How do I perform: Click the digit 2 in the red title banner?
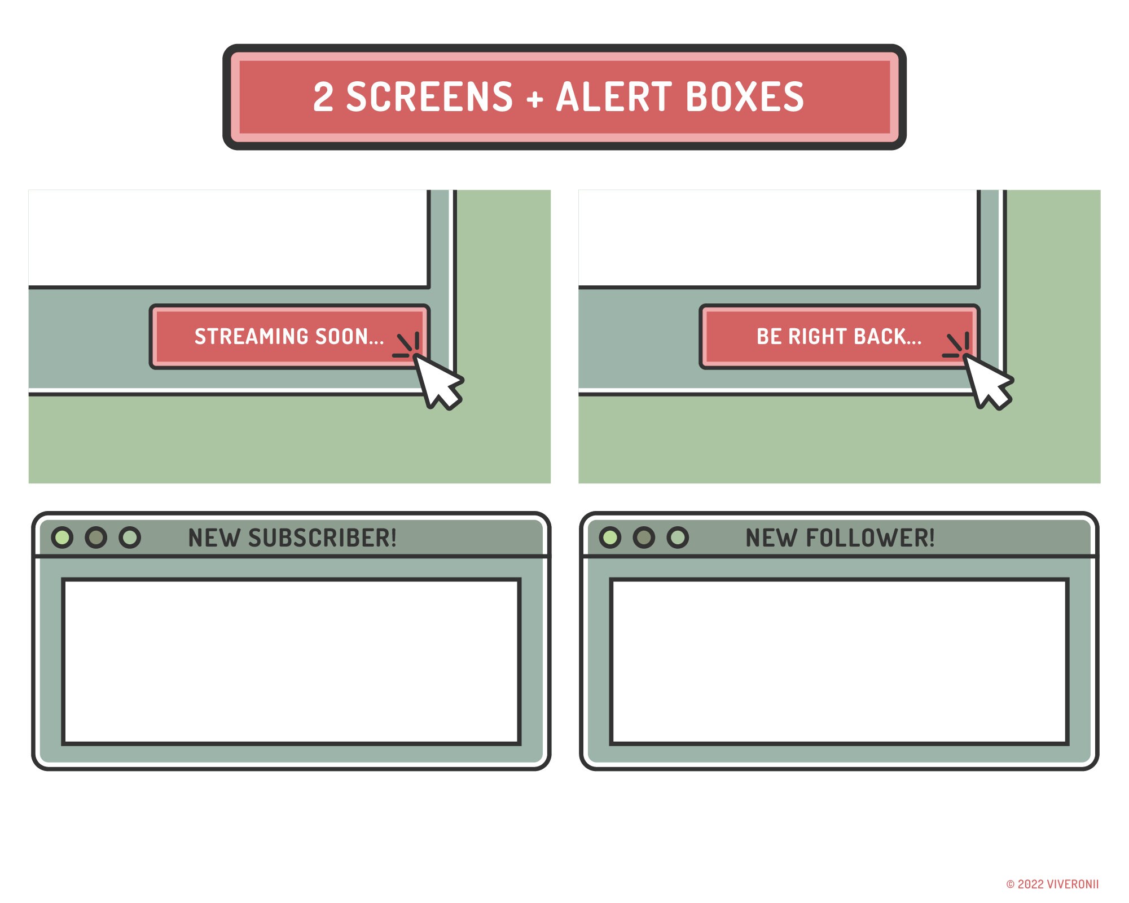pos(323,96)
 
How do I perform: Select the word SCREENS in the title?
pos(429,96)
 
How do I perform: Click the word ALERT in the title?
pos(614,96)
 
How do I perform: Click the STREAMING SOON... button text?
pos(289,337)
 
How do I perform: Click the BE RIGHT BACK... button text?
pos(839,337)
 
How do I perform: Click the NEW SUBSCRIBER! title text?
pos(292,538)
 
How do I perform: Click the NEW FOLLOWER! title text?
pos(840,538)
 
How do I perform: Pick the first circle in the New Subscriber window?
pos(62,538)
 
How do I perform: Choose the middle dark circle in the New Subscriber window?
pos(96,538)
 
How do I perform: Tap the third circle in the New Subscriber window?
pos(130,538)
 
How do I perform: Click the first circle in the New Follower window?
pos(610,538)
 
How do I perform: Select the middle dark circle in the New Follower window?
pos(644,538)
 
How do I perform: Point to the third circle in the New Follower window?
pos(678,538)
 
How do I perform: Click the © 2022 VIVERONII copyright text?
pos(1053,884)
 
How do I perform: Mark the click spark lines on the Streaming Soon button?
pos(407,345)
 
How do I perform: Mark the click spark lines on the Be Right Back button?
pos(956,345)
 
